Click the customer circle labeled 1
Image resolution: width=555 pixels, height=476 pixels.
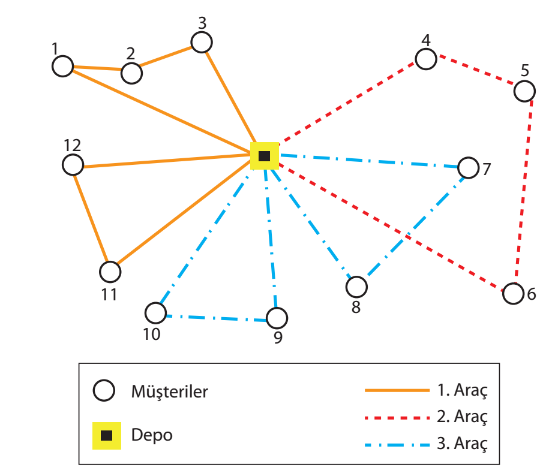(62, 66)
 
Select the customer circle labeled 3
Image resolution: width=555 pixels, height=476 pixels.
(202, 42)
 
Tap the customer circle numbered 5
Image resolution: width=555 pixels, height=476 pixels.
(524, 91)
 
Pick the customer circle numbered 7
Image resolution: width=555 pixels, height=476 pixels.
(468, 167)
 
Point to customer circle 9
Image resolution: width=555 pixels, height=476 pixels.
(277, 317)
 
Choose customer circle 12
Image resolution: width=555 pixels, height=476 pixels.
(73, 164)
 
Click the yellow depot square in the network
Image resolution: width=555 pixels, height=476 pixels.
(264, 156)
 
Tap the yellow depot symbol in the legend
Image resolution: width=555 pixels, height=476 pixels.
(106, 435)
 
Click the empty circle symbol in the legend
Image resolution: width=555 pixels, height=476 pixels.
(104, 391)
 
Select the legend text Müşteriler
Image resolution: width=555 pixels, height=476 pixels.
(170, 392)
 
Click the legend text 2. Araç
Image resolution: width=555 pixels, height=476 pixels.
(462, 416)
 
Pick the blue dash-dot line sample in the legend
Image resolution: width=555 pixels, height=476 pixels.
(397, 444)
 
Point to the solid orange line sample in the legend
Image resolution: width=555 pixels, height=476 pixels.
(397, 390)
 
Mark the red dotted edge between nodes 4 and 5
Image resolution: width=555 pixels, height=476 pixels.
(475, 73)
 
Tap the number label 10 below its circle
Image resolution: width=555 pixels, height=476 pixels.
(152, 333)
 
